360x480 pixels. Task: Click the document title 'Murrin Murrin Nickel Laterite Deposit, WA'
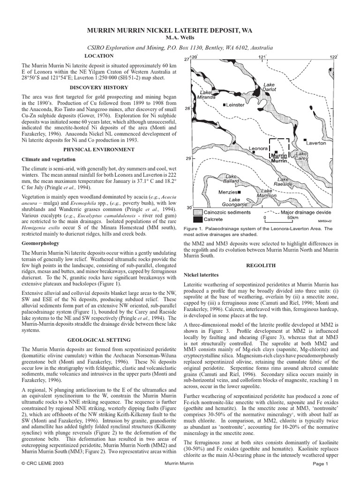pyautogui.click(x=180, y=30)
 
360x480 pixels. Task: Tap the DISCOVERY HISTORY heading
pyautogui.click(x=98, y=87)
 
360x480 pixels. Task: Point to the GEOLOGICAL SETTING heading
pyautogui.click(x=98, y=340)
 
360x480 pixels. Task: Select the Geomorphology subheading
pyautogui.click(x=41, y=244)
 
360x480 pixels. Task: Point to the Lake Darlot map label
pyautogui.click(x=269, y=88)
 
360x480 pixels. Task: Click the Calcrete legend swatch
pyautogui.click(x=198, y=219)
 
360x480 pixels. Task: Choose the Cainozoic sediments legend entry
pyautogui.click(x=222, y=212)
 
